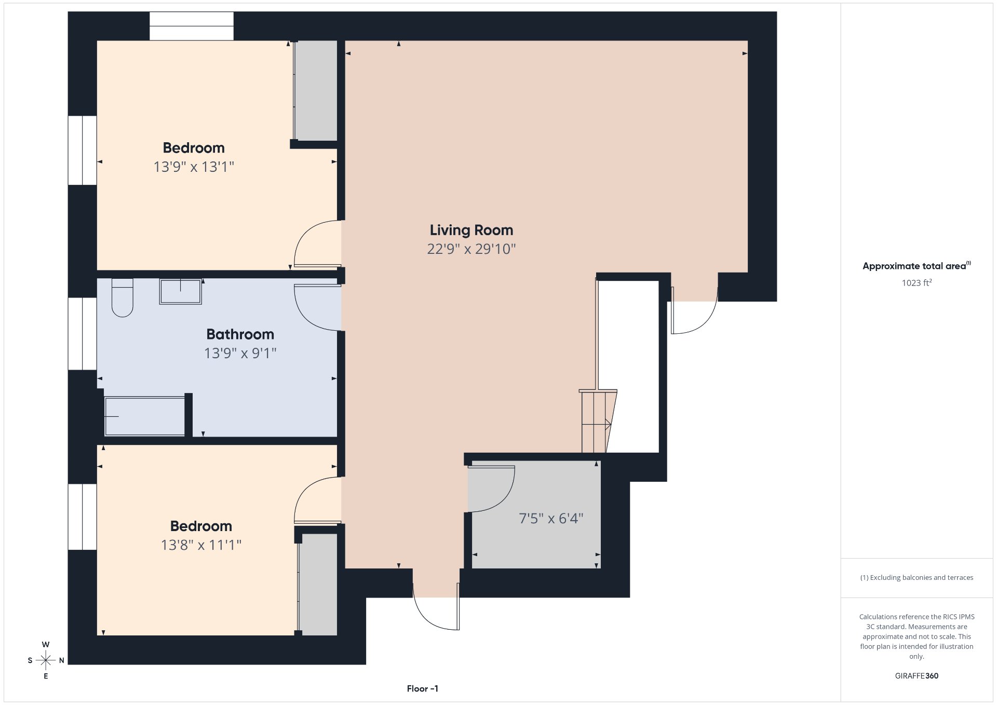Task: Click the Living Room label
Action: (471, 230)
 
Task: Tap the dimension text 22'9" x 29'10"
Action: (471, 249)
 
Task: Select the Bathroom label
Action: (240, 334)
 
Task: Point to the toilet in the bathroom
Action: (123, 297)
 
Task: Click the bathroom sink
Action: (180, 291)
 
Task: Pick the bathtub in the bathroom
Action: (145, 416)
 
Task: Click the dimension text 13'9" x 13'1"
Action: (194, 167)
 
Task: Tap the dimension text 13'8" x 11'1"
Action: (201, 545)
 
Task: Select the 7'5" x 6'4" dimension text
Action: (551, 518)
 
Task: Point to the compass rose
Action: (46, 660)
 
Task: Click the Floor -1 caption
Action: (423, 689)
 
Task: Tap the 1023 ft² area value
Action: (917, 283)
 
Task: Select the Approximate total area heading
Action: (917, 266)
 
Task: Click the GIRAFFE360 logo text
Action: (917, 676)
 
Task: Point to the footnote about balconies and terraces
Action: (917, 577)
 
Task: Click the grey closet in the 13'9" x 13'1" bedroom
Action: (316, 91)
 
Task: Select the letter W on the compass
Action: (46, 644)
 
